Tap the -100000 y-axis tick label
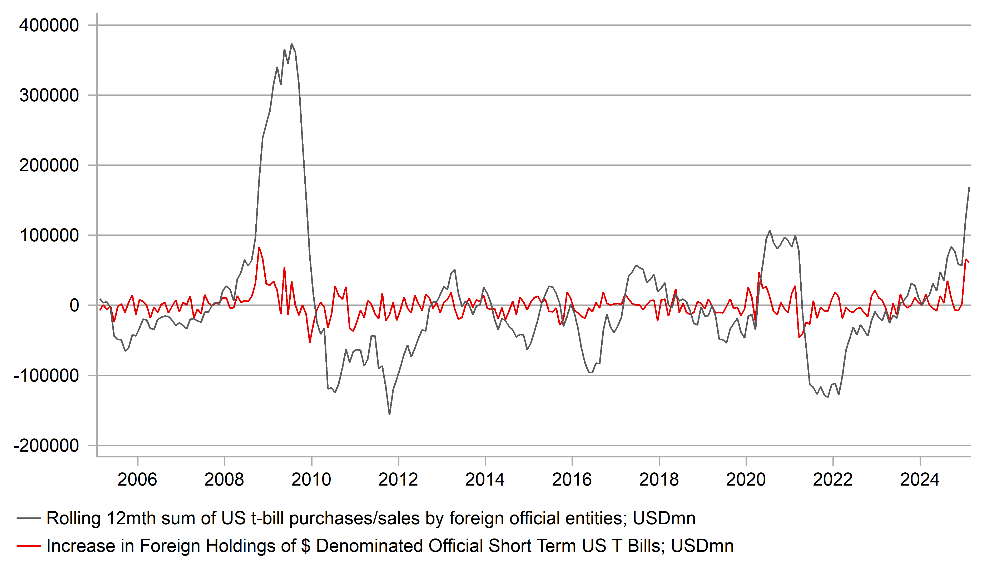click(46, 376)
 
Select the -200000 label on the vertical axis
click(46, 446)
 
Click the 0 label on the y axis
click(74, 306)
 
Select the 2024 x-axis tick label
click(920, 480)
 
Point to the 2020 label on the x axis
click(746, 480)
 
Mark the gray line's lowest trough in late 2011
click(389, 415)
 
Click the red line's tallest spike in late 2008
click(259, 247)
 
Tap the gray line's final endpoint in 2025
click(969, 188)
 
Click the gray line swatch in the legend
click(29, 518)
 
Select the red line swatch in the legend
click(29, 546)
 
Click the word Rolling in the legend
click(74, 518)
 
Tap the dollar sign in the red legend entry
click(305, 546)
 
